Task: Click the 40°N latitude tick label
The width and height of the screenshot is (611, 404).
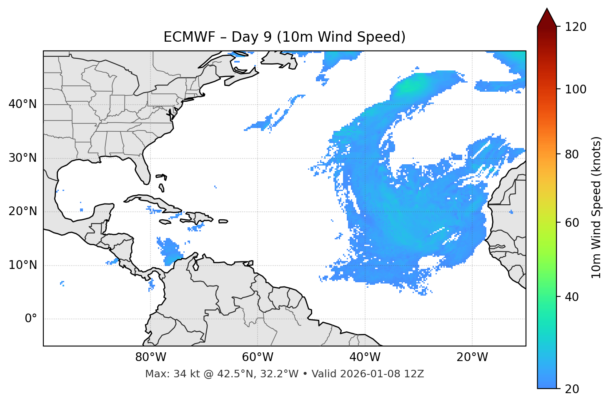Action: pos(23,104)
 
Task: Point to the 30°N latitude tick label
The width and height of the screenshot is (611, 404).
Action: pos(23,158)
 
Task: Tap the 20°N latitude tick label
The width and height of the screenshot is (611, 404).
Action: pos(23,211)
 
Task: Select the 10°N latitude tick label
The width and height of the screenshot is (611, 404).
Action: pos(23,265)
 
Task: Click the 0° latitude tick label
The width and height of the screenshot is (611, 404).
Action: pos(31,319)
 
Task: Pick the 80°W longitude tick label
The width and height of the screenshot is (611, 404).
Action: pos(150,357)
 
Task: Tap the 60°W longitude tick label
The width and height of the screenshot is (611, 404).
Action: pos(258,357)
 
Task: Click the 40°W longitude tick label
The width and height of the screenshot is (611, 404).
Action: pos(365,357)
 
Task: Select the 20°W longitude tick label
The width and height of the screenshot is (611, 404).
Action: pos(472,357)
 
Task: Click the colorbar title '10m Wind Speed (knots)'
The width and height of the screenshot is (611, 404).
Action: pos(596,207)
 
